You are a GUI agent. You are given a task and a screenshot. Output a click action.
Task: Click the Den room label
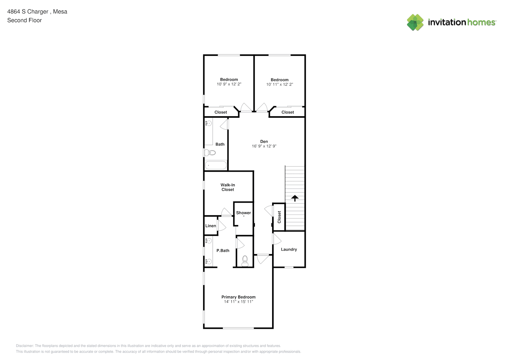[x=264, y=141]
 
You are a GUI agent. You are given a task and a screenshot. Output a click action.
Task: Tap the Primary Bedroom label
[x=238, y=297]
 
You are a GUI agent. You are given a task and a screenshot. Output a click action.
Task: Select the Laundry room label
[x=289, y=249]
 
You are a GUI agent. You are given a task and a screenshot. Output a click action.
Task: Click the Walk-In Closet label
[x=228, y=187]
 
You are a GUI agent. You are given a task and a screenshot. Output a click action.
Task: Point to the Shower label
[x=243, y=213]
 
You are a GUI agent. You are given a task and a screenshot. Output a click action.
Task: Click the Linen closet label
[x=211, y=226]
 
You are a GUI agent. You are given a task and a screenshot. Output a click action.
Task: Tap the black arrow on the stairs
[x=295, y=198]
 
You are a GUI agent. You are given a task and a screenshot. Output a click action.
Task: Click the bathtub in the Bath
[x=216, y=165]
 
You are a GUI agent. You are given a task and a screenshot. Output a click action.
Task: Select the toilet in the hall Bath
[x=210, y=153]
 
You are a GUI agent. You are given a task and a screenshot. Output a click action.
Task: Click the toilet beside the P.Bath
[x=245, y=261]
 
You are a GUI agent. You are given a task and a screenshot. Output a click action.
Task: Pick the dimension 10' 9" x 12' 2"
[x=229, y=84]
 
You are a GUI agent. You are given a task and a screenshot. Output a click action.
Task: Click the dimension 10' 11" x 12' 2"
[x=279, y=84]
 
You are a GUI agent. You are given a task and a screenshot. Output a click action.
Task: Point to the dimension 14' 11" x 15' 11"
[x=238, y=302]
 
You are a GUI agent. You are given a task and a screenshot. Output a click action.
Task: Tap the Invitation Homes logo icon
[x=415, y=22]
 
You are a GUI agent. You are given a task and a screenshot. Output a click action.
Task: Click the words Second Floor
[x=24, y=20]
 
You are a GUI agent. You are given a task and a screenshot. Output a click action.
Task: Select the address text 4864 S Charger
[x=28, y=12]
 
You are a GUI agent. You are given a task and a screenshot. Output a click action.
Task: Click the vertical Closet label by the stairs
[x=279, y=217]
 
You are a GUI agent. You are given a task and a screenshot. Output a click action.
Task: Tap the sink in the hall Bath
[x=209, y=123]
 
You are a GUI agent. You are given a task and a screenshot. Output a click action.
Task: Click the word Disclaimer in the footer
[x=25, y=346]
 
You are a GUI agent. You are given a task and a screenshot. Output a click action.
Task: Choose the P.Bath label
[x=223, y=251]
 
